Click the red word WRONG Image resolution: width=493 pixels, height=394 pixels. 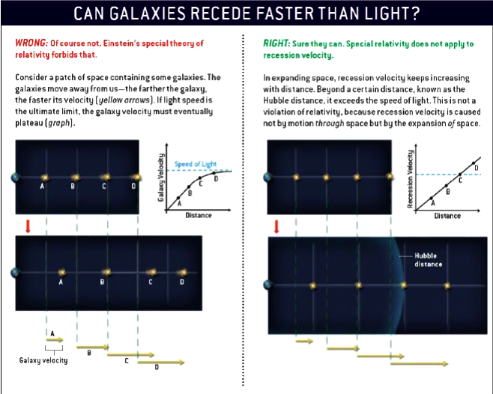(30, 43)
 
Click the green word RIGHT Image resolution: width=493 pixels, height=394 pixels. (276, 43)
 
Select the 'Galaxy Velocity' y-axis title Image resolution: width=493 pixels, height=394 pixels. (161, 180)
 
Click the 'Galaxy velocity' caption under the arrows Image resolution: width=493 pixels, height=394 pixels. (43, 360)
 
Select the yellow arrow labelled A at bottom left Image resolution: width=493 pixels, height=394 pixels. (55, 339)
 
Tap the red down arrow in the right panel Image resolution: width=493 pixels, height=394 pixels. (276, 226)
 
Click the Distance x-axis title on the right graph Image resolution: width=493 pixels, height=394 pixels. (447, 216)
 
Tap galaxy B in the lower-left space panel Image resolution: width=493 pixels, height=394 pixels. (105, 271)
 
